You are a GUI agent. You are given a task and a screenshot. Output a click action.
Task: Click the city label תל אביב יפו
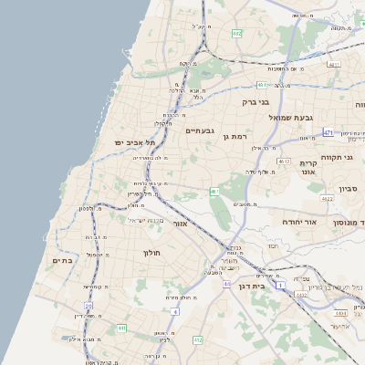135,143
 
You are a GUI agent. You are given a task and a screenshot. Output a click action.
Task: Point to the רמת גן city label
234,136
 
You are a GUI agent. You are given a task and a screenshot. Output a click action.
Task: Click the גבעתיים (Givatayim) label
199,130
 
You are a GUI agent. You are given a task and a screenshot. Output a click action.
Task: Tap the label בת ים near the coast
62,261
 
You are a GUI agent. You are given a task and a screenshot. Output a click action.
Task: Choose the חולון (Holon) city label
151,252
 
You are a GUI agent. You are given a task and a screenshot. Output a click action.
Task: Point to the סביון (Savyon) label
348,189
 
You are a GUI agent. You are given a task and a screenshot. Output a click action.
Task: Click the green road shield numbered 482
237,34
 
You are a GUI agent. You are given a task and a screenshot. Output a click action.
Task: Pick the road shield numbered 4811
334,65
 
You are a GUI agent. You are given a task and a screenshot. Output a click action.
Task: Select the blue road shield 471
328,133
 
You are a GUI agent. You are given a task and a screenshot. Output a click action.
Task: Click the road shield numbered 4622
327,197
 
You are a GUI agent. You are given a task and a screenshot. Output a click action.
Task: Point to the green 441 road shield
121,328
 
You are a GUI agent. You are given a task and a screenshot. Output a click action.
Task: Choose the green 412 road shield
197,339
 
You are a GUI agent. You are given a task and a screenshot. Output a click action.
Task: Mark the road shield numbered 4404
340,312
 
